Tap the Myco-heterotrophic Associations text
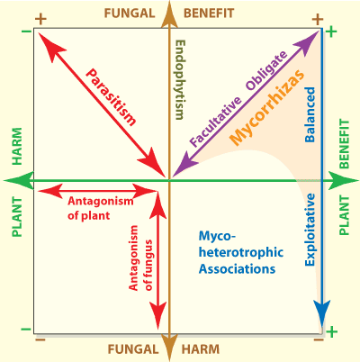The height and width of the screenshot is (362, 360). tap(237, 251)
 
